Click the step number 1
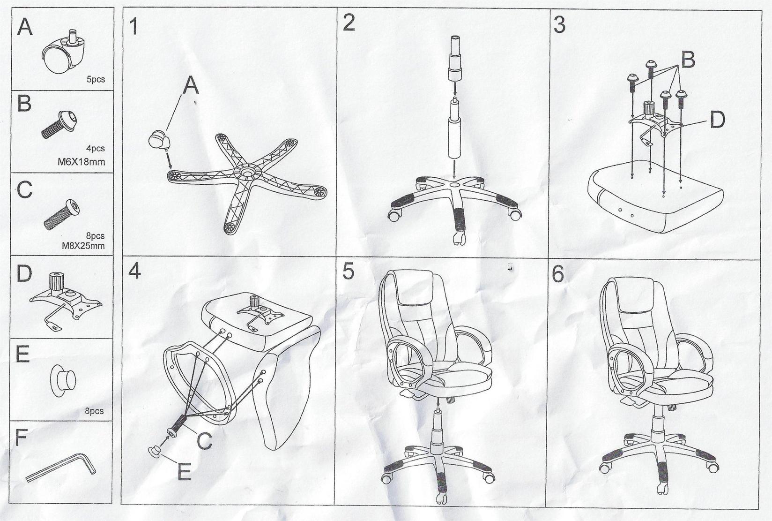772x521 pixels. coord(134,26)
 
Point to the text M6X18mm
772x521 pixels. coord(81,162)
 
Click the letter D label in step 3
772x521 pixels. coord(717,121)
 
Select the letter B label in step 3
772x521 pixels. coord(687,60)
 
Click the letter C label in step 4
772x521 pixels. coord(204,441)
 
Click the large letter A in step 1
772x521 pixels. coord(190,86)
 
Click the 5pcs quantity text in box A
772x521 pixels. coord(96,80)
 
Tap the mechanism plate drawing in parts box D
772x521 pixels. coord(66,300)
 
